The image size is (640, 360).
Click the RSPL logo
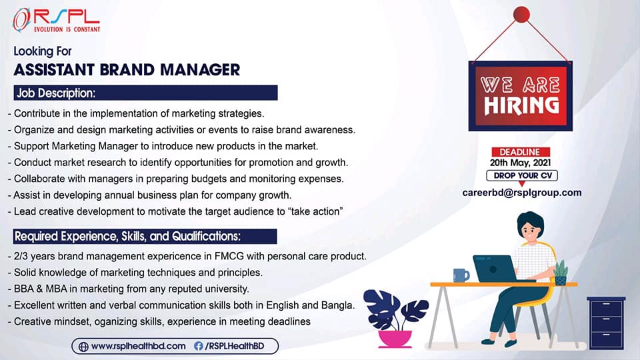(x=56, y=20)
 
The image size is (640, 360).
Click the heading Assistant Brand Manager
(x=127, y=70)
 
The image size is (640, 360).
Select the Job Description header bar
(x=145, y=93)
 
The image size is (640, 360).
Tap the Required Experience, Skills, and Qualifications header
(x=145, y=236)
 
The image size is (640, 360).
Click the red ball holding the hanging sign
(x=521, y=14)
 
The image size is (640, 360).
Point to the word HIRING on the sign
(x=521, y=106)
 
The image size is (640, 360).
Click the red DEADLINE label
(x=521, y=152)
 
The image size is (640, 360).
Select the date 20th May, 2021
(x=521, y=163)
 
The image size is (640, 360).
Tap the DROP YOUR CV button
(x=522, y=175)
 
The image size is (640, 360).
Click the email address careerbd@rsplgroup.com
(x=521, y=193)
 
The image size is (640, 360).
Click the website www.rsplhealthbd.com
(x=139, y=346)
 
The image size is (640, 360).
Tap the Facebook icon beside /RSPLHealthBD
(x=199, y=346)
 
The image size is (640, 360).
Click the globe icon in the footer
(x=83, y=347)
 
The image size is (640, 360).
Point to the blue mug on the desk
(x=461, y=275)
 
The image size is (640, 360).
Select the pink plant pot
(x=395, y=339)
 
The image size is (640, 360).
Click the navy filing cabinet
(x=606, y=323)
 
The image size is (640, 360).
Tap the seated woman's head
(x=530, y=229)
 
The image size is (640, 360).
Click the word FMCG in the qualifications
(x=229, y=256)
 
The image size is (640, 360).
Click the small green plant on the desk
(x=561, y=272)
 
